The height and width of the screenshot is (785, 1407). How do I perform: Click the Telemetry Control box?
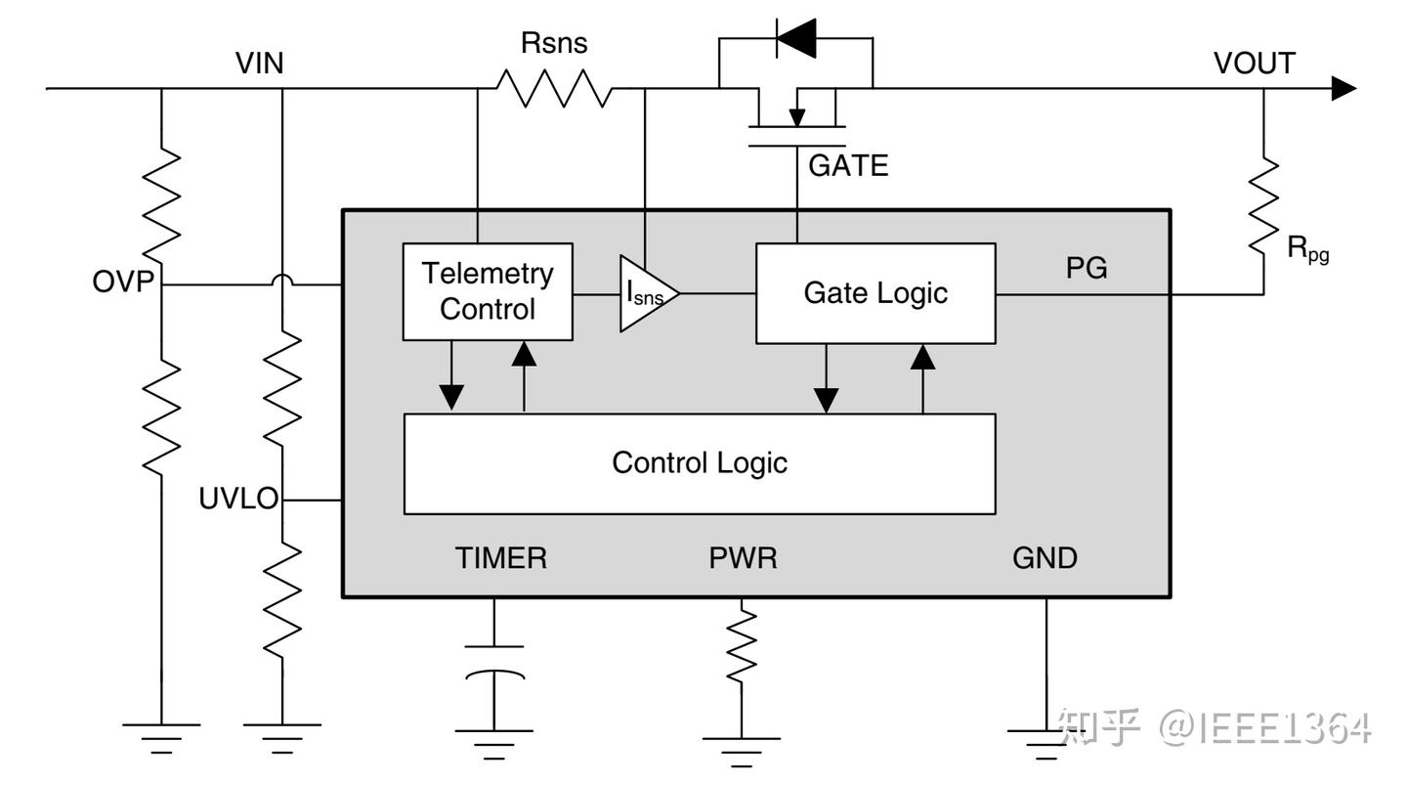(488, 291)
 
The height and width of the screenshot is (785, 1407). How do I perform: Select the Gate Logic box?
(875, 292)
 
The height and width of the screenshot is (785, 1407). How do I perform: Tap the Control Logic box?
(700, 462)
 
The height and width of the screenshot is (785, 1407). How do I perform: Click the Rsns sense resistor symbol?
(555, 89)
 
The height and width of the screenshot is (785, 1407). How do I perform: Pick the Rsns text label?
(554, 43)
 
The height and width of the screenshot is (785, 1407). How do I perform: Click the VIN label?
(260, 64)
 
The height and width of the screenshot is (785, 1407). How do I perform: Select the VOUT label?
(1254, 64)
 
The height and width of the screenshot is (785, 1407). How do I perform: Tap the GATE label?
(848, 166)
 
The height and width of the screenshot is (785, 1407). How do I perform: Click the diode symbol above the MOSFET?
(795, 38)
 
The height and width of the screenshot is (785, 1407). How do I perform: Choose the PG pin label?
(1087, 268)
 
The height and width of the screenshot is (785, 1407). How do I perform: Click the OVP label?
(124, 283)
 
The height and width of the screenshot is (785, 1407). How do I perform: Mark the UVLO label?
(238, 499)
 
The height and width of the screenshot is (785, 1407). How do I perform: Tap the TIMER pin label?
(501, 558)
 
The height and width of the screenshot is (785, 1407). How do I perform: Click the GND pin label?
(1045, 558)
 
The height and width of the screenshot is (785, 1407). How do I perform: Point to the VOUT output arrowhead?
(1344, 89)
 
